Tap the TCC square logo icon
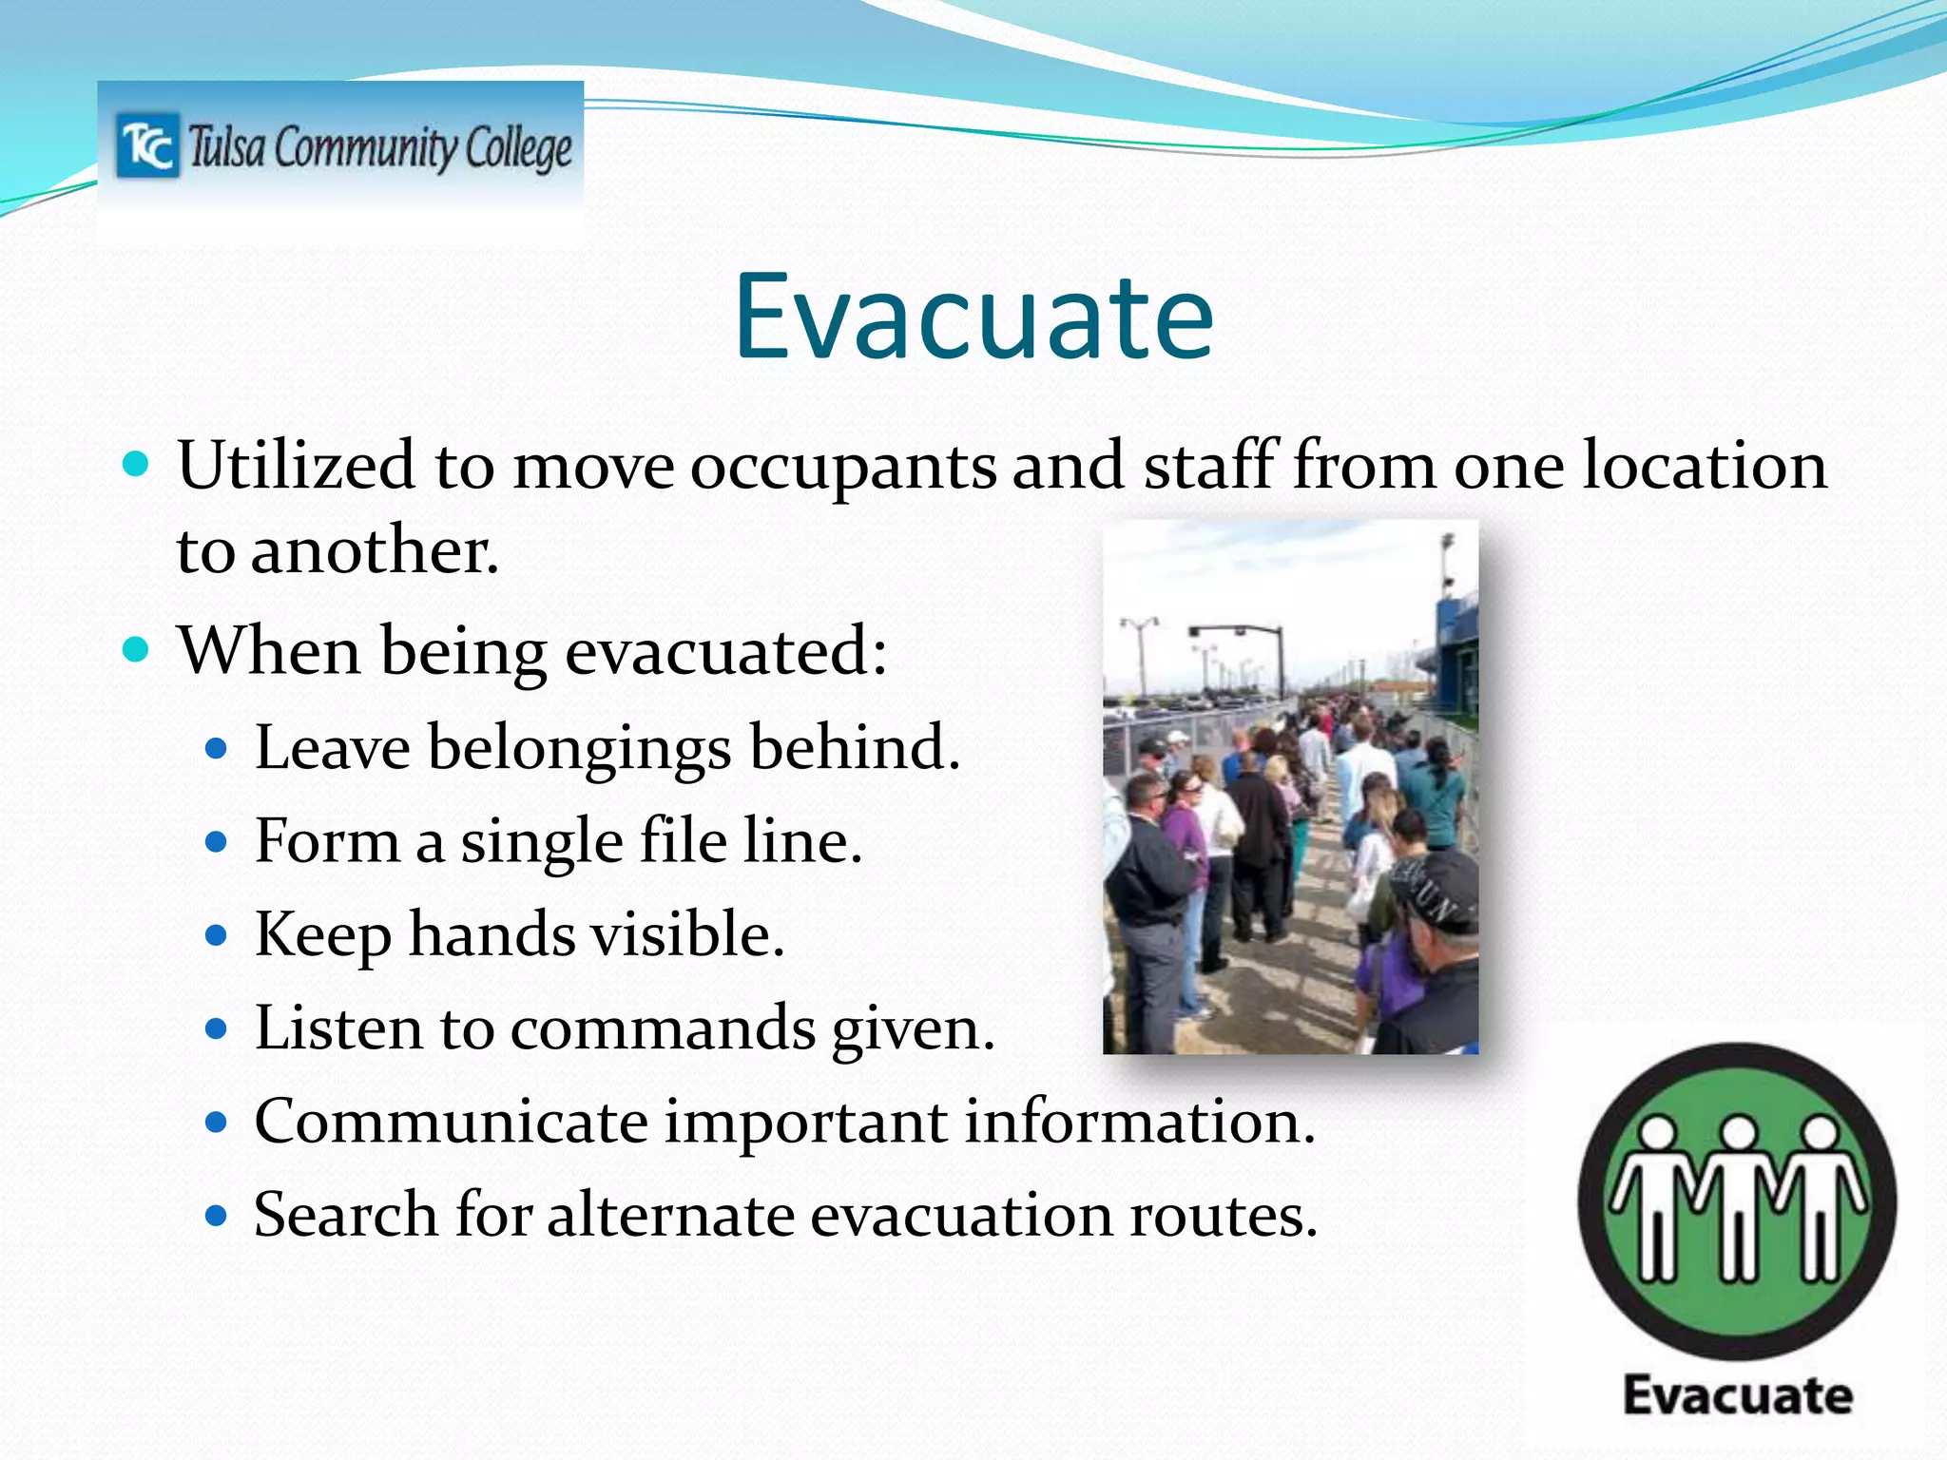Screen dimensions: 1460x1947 coord(147,145)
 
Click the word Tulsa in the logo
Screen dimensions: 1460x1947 coord(225,148)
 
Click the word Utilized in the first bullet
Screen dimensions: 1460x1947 coord(296,466)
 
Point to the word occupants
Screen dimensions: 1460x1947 coord(843,468)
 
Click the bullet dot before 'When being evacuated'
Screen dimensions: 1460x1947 coord(137,650)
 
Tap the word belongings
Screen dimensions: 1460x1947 coord(579,748)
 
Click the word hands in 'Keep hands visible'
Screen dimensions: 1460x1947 coord(492,934)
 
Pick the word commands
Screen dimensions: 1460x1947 coord(663,1028)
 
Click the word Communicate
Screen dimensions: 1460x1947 coord(451,1122)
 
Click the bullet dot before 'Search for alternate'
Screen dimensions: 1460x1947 coord(218,1216)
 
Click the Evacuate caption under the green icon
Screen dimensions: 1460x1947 coord(1737,1395)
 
